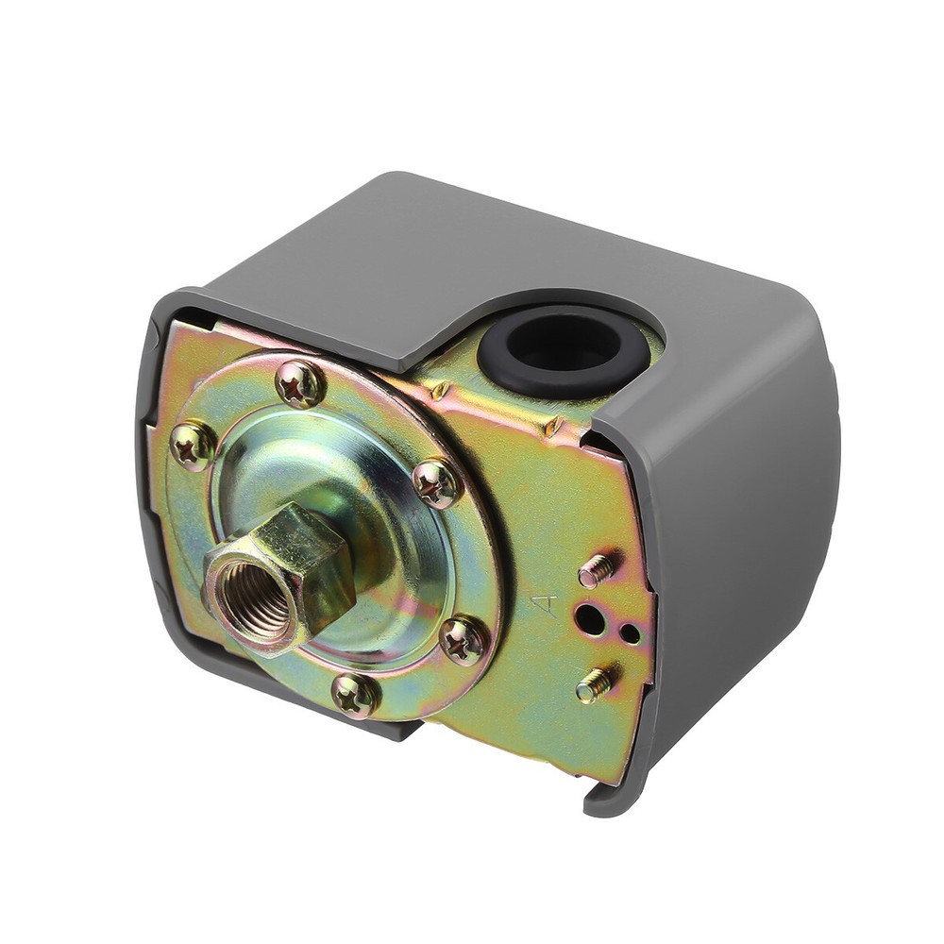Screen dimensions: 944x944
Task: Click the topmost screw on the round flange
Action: [x=300, y=384]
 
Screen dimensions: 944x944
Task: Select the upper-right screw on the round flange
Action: [x=437, y=482]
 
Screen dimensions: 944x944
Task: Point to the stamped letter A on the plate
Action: [x=545, y=606]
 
